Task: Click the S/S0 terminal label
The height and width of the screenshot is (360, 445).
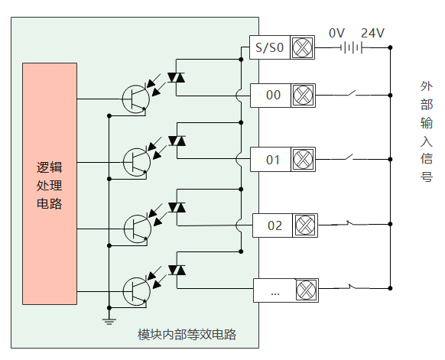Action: [x=269, y=47]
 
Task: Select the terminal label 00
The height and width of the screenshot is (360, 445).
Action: [x=273, y=95]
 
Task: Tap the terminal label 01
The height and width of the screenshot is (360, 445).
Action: [x=273, y=160]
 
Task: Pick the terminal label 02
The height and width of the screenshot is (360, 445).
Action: [x=274, y=225]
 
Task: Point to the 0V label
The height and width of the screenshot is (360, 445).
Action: [x=336, y=33]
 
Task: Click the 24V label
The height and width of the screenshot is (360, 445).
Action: [x=372, y=33]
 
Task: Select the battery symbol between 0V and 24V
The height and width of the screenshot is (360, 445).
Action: [x=352, y=47]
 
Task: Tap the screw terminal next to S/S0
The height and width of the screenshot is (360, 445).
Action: [x=302, y=47]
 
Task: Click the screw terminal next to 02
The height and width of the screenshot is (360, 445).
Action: [x=305, y=225]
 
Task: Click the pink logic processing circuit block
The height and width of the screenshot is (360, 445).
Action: [x=50, y=184]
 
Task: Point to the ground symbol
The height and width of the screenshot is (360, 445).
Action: [x=109, y=322]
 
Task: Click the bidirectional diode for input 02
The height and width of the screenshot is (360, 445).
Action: [x=177, y=207]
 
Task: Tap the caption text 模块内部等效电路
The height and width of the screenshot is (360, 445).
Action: [x=187, y=335]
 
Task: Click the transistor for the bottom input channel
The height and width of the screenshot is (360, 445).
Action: [x=137, y=292]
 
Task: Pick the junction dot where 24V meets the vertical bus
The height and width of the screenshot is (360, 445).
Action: [x=390, y=47]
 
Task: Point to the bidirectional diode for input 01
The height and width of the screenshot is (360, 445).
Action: [x=177, y=141]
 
